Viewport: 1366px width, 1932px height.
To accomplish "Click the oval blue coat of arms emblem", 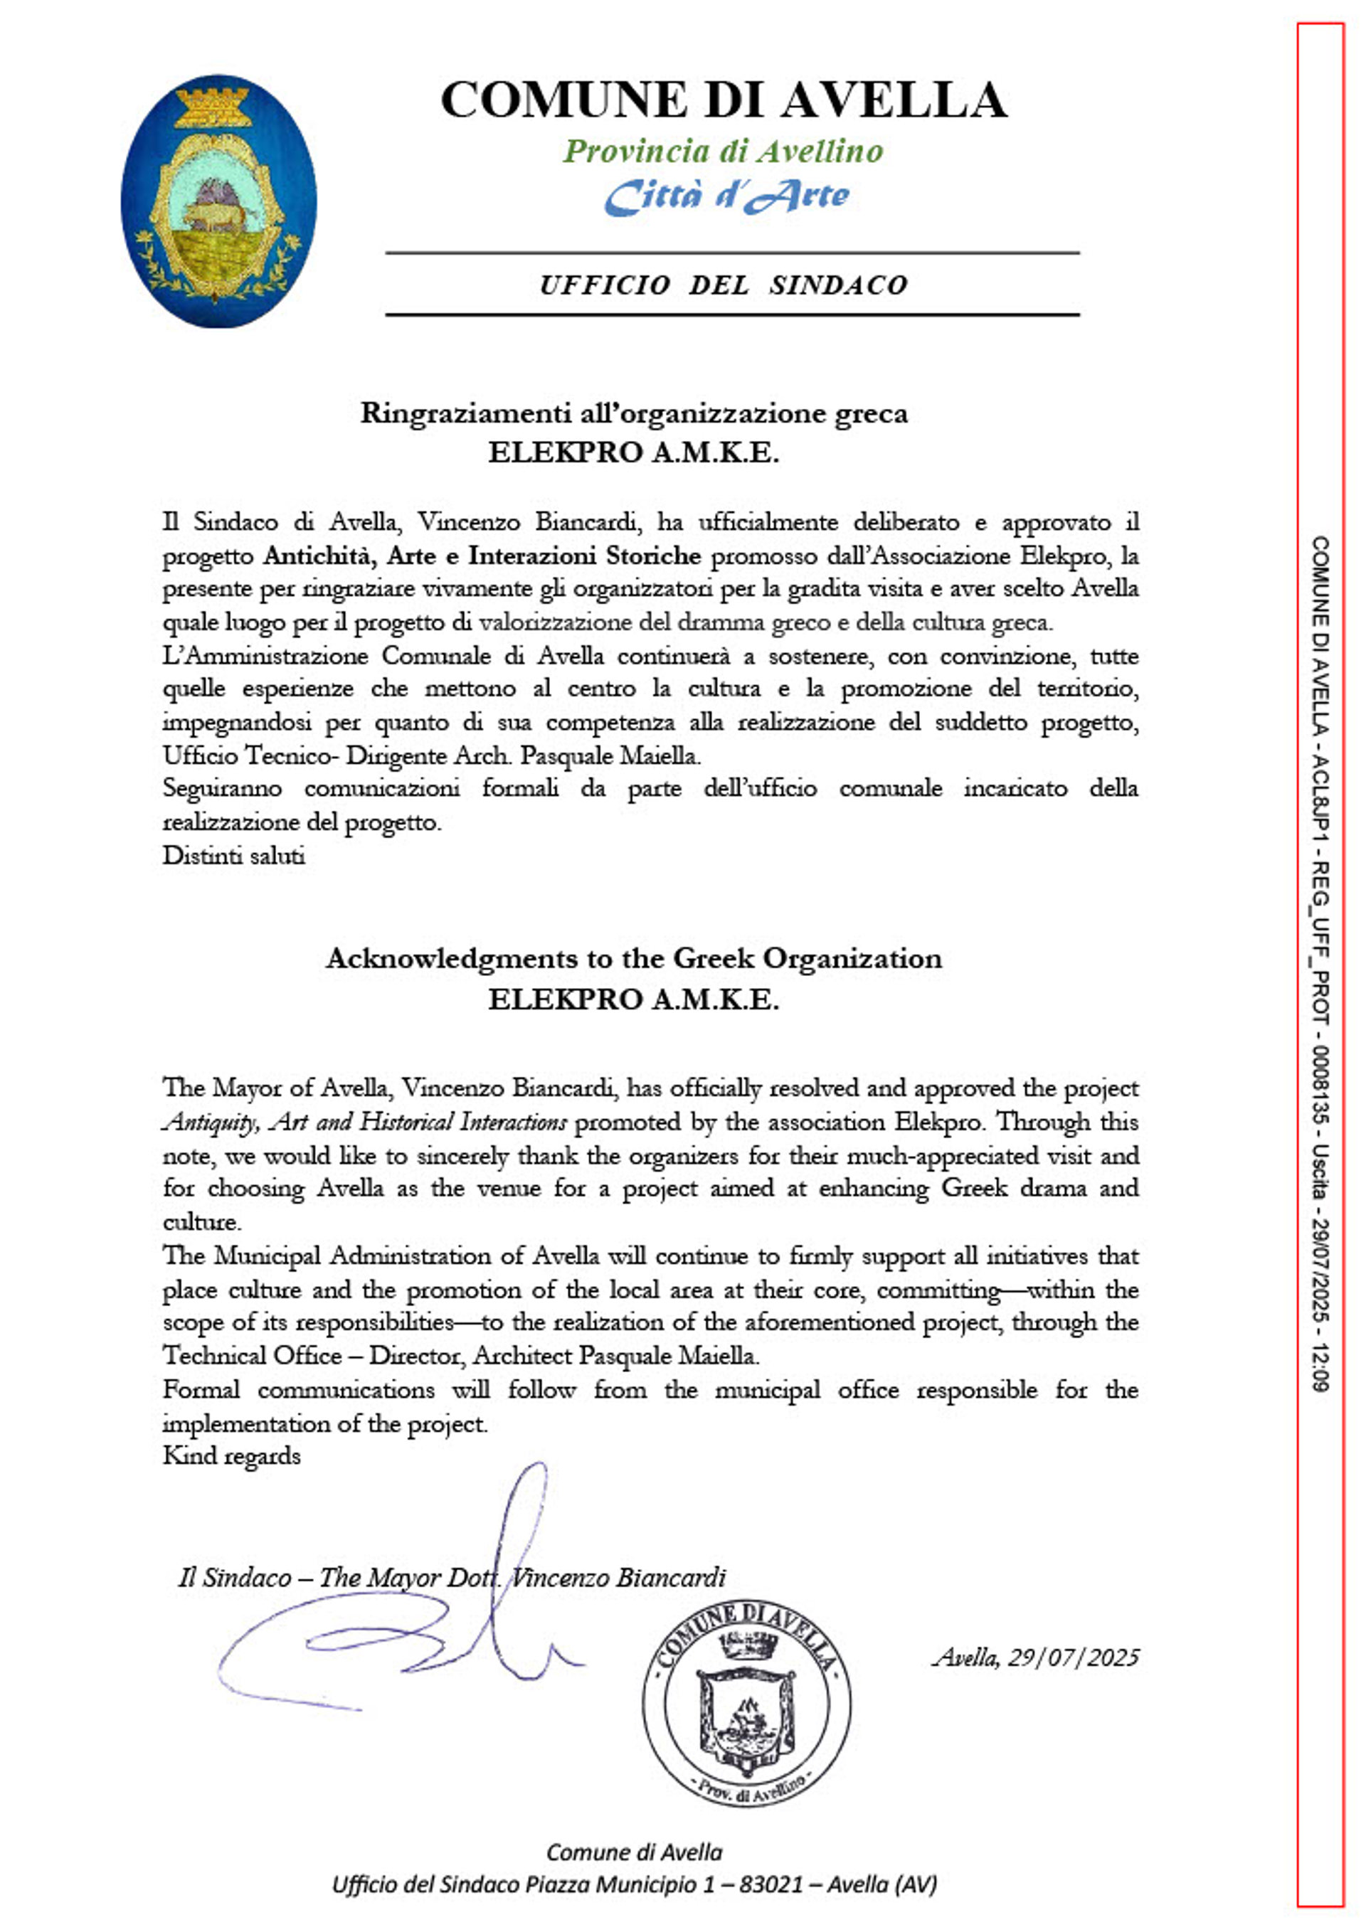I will tap(219, 202).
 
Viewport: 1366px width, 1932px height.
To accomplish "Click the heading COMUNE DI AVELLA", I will tap(724, 101).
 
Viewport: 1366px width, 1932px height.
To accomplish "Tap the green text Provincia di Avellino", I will tap(723, 152).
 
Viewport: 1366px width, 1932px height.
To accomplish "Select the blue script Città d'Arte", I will tap(726, 196).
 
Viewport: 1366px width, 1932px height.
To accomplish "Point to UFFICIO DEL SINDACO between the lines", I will tap(723, 285).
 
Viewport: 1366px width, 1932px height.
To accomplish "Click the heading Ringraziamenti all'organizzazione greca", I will tap(634, 413).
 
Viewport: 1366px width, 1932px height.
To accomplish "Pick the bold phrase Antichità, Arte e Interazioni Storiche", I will tap(482, 556).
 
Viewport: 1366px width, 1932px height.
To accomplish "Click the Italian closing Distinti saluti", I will tap(233, 856).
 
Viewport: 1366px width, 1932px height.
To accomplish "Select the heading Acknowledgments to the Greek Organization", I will tap(634, 958).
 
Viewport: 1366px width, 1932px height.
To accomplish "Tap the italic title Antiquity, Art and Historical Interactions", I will tap(364, 1122).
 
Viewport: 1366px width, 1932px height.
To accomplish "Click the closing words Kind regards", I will tap(231, 1455).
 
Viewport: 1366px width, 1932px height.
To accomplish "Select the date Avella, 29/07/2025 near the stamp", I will tap(1035, 1657).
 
